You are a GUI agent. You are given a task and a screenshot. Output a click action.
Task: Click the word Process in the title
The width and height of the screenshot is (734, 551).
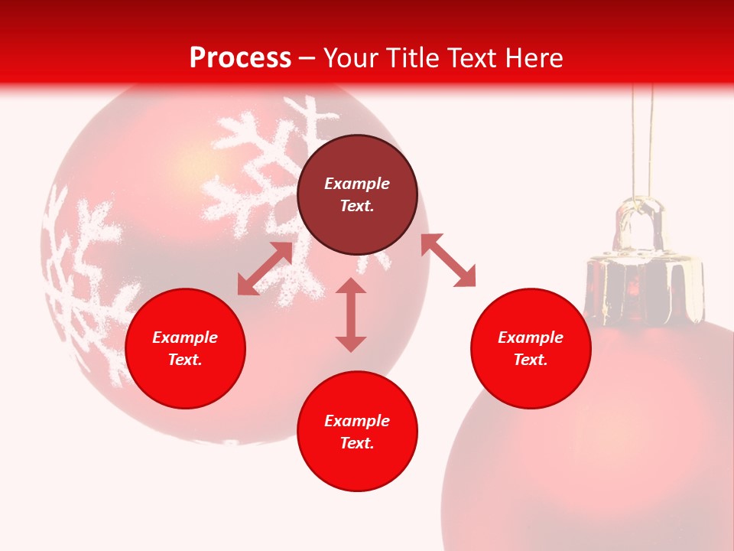tap(240, 57)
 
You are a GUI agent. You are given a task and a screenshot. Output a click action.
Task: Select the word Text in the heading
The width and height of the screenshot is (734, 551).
tap(471, 57)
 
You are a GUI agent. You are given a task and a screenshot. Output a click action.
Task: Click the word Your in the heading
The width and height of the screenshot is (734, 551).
tap(351, 57)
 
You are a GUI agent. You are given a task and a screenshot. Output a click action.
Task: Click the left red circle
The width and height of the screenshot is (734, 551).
tap(185, 383)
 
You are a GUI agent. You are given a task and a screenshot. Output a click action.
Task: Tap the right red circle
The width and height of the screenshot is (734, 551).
tap(531, 383)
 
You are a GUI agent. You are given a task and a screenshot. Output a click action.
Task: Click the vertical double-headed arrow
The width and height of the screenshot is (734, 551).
tap(351, 315)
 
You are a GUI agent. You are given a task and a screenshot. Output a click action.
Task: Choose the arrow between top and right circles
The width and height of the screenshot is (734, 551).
tap(448, 260)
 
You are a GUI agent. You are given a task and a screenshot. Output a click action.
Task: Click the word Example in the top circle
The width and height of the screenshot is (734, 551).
tap(357, 184)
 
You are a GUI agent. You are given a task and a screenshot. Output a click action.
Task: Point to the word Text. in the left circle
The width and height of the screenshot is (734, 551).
tap(185, 360)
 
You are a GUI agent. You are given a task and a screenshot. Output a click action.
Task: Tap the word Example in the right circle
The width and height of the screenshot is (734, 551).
tap(531, 337)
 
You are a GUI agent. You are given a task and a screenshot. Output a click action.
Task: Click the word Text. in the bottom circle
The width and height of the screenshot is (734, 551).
tap(357, 443)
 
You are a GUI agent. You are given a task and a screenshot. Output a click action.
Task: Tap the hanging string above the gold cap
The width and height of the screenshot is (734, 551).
tap(642, 138)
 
